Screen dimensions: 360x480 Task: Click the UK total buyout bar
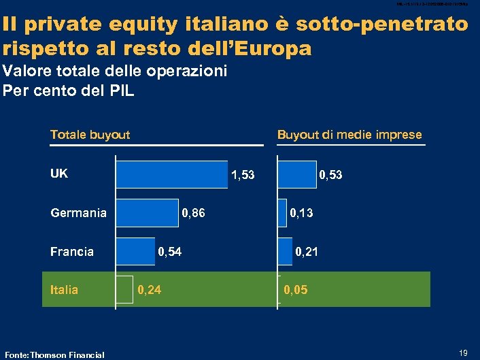tap(172, 174)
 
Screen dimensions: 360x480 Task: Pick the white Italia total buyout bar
tap(124, 290)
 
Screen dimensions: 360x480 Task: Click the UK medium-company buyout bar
tap(297, 174)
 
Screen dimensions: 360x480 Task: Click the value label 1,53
tap(243, 175)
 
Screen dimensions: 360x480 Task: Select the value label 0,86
tap(193, 214)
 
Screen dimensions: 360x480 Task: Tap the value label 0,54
tap(170, 252)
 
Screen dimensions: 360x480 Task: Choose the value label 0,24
tap(150, 291)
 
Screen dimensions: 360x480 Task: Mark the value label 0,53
tap(330, 175)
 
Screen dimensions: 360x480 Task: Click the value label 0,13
tap(301, 214)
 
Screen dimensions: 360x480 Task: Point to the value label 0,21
tap(306, 252)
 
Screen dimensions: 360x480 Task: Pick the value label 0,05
tap(296, 291)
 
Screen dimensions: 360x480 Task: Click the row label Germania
tap(78, 213)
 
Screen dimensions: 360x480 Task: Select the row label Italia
tap(65, 290)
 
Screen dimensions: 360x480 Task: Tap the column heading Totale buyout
tap(90, 135)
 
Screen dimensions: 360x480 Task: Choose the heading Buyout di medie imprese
tap(349, 135)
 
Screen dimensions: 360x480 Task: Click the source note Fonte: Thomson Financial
tap(54, 354)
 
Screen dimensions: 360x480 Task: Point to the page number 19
tap(464, 353)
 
